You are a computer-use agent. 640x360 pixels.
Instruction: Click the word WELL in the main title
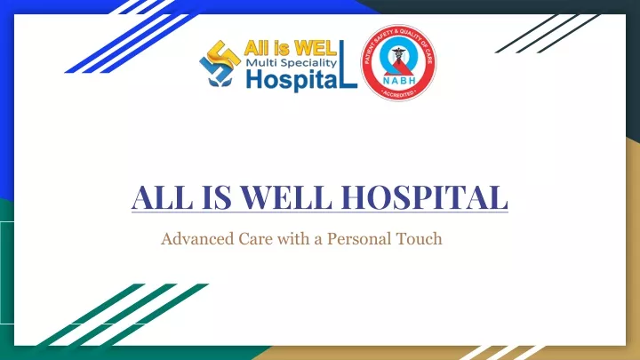tap(285, 197)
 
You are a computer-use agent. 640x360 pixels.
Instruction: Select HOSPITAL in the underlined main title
tap(425, 197)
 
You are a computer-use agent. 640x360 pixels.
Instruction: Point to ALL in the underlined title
tap(162, 197)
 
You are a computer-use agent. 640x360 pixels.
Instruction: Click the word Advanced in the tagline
tap(197, 238)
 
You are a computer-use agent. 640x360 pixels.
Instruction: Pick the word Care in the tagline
tap(255, 239)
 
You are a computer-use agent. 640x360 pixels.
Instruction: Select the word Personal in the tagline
tap(354, 239)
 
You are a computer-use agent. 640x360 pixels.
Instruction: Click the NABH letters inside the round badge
tap(399, 80)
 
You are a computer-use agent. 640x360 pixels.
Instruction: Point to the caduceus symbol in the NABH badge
tap(398, 55)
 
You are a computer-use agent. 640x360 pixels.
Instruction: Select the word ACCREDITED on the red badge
tap(398, 94)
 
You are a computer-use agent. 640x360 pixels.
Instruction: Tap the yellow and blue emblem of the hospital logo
tap(220, 63)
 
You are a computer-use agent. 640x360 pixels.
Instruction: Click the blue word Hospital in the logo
tap(292, 80)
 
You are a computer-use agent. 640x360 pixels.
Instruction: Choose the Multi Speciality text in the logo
tap(291, 62)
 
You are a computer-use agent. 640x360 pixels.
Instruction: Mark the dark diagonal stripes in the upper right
tap(548, 34)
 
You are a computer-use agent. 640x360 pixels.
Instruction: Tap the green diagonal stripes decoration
tap(123, 315)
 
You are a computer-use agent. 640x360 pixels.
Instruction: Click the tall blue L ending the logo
tap(348, 64)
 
